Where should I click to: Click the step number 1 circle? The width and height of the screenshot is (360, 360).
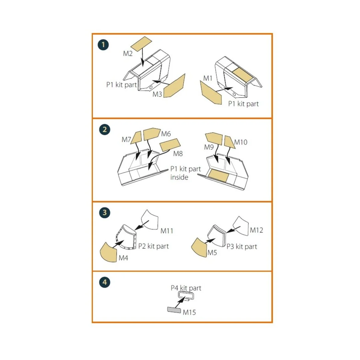[x=103, y=45]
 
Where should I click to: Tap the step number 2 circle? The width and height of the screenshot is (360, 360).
[x=104, y=130]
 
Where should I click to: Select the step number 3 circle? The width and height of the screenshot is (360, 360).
[x=104, y=212]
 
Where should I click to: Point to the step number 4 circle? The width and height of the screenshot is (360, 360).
[x=105, y=282]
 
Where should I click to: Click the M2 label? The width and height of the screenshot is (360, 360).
[x=128, y=54]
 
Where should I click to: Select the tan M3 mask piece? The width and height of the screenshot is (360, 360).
[x=174, y=86]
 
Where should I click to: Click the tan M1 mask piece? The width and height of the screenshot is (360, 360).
[x=211, y=93]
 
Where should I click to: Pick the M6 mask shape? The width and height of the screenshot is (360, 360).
[x=152, y=134]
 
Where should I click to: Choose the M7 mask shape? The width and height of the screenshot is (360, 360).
[x=136, y=137]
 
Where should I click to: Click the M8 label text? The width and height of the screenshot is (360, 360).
[x=178, y=154]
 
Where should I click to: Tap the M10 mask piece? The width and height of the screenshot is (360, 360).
[x=229, y=142]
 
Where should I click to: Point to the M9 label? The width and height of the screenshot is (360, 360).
[x=209, y=147]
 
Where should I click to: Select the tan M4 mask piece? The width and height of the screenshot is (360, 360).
[x=109, y=252]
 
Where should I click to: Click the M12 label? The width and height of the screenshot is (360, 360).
[x=256, y=230]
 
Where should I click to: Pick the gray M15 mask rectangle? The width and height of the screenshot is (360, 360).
[x=174, y=310]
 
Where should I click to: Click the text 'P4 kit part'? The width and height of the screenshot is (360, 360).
[x=186, y=288]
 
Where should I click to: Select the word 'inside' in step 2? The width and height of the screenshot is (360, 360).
[x=179, y=177]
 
